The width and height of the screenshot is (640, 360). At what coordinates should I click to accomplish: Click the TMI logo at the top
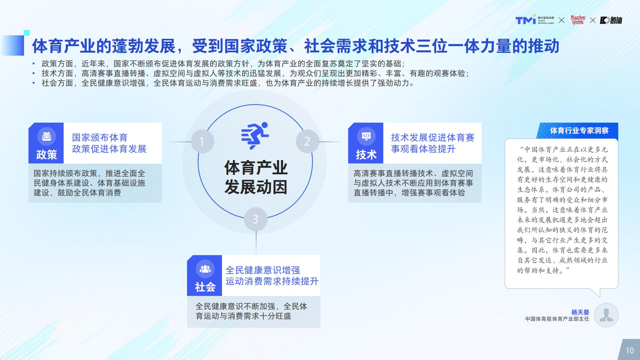535,20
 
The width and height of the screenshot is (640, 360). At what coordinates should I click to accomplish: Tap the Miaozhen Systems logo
578,20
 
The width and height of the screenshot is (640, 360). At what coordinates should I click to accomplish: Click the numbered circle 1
202,142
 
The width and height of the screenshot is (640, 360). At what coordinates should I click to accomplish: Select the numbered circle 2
307,141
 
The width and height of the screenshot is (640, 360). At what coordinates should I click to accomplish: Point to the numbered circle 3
256,219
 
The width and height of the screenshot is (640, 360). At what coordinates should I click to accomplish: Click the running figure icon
255,136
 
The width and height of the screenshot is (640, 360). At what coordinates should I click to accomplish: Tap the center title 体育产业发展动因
256,177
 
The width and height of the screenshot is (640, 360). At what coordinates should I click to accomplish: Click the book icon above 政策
46,136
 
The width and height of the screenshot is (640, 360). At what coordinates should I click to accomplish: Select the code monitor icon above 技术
366,136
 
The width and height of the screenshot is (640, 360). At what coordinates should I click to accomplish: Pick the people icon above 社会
205,269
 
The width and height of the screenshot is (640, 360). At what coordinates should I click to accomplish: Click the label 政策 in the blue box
46,155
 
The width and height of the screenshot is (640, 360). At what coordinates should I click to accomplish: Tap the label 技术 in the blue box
366,155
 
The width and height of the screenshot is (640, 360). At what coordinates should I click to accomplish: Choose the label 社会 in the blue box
205,287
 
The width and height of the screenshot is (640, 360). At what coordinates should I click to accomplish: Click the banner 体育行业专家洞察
579,131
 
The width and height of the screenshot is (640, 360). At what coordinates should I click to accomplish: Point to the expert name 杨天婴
580,312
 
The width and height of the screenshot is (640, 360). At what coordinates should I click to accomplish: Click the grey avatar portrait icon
606,315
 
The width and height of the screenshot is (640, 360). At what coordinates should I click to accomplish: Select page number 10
630,350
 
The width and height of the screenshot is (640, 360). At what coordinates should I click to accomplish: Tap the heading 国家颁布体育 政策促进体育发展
109,143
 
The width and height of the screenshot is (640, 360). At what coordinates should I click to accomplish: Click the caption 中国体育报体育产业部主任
557,319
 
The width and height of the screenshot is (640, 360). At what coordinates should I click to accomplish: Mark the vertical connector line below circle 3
256,243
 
